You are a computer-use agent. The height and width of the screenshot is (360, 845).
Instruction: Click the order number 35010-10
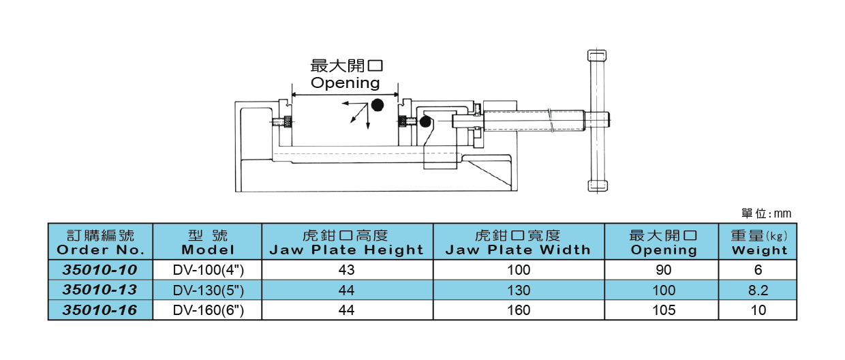click(99, 270)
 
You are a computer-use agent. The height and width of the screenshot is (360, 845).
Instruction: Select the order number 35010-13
click(99, 290)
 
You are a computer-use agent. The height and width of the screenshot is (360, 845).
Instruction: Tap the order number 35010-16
click(99, 311)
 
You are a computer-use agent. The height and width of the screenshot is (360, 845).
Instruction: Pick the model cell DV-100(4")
click(208, 270)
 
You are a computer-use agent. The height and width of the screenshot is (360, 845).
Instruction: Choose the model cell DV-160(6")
click(208, 311)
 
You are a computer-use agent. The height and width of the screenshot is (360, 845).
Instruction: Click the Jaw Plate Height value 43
click(346, 270)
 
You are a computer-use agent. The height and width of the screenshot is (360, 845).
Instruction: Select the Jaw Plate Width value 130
click(518, 290)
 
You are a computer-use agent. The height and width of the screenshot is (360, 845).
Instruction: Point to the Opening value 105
click(663, 311)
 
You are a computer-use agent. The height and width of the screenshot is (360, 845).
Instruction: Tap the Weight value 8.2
click(758, 290)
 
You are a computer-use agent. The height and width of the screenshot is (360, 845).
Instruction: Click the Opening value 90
click(663, 270)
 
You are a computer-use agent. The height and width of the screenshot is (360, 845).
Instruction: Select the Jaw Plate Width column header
click(518, 242)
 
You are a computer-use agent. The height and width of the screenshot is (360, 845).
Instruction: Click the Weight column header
click(758, 242)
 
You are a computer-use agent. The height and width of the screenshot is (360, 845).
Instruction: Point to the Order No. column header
click(99, 242)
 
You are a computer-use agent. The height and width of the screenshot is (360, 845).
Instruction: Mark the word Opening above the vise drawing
click(345, 83)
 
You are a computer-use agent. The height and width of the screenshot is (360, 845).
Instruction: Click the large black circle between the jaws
click(377, 104)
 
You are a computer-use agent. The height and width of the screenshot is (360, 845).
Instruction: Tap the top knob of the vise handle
click(597, 56)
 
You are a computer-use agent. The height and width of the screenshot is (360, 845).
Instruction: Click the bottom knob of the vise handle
click(597, 185)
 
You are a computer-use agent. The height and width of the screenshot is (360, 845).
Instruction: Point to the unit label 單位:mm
click(766, 213)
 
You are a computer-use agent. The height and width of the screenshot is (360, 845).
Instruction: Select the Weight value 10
click(758, 311)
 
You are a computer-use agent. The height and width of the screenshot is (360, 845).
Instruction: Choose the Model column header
click(208, 242)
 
